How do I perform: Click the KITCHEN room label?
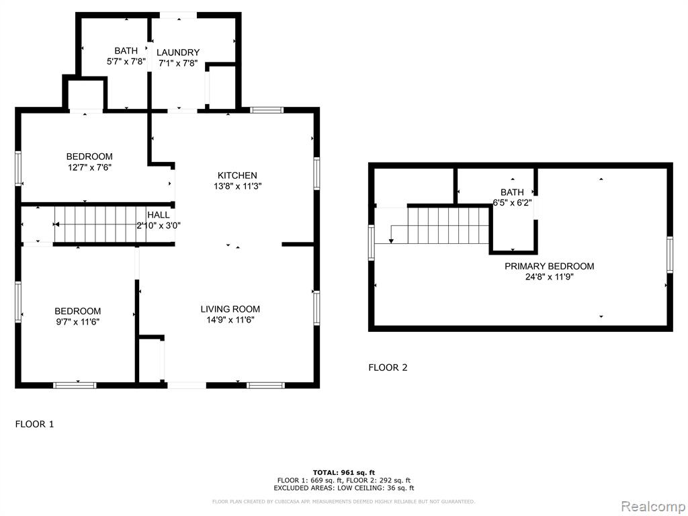click(x=237, y=175)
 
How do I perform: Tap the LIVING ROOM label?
click(x=230, y=309)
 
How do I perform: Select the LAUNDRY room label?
click(x=178, y=52)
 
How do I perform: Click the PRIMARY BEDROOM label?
click(x=550, y=266)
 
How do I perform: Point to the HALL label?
click(x=159, y=215)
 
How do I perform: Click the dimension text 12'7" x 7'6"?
click(x=90, y=167)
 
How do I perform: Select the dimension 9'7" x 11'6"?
click(x=78, y=322)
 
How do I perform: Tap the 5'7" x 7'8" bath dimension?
click(x=126, y=62)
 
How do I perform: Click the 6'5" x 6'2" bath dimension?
click(x=512, y=203)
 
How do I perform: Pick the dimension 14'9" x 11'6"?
click(x=230, y=320)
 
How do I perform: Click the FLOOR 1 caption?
click(x=35, y=425)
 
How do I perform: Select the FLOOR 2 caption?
click(x=388, y=368)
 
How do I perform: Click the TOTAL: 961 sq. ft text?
click(x=344, y=472)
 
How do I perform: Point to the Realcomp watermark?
click(x=654, y=507)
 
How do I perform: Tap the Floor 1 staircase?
click(x=100, y=224)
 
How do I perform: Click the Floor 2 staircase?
click(x=448, y=226)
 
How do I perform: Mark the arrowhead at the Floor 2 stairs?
click(x=391, y=241)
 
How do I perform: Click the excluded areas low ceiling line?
click(x=344, y=488)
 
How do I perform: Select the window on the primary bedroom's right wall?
click(x=670, y=255)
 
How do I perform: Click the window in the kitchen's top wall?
click(x=267, y=110)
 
